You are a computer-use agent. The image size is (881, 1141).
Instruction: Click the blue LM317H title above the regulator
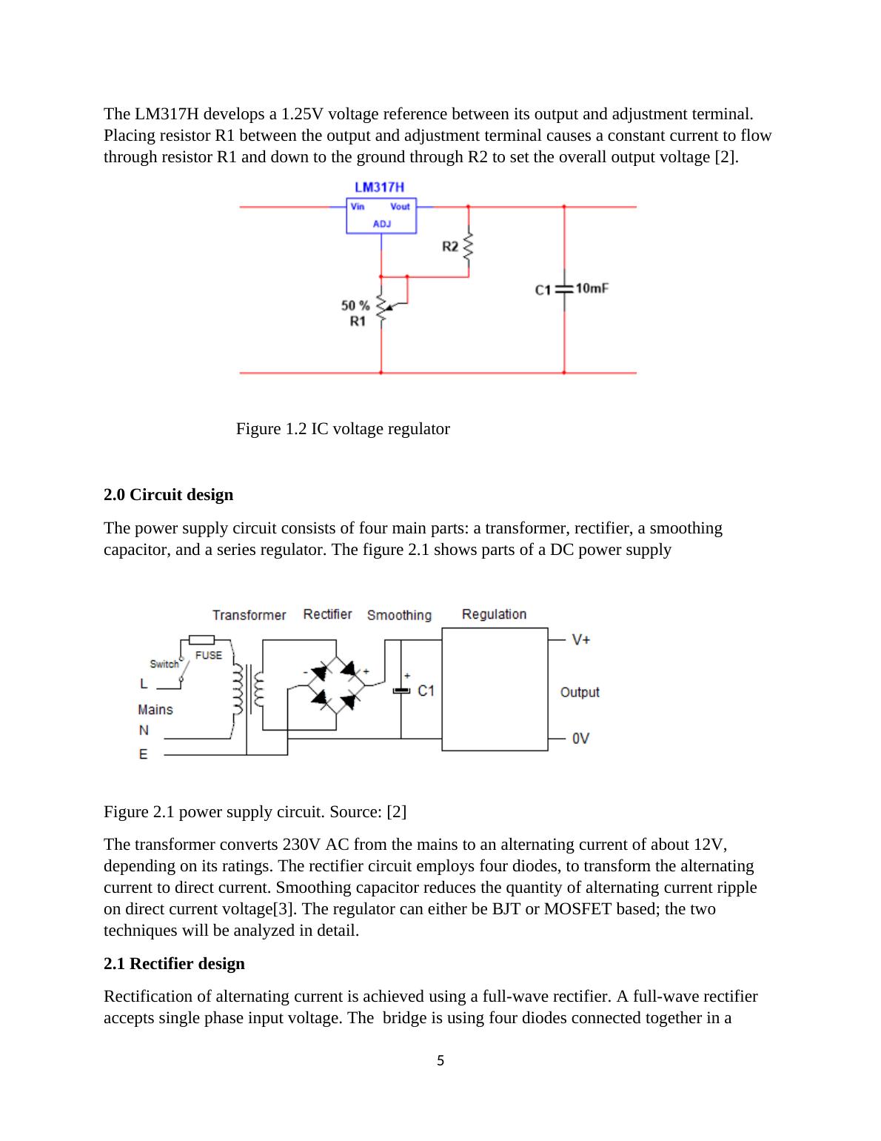tap(379, 187)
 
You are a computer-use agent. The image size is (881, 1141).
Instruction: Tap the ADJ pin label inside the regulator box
tap(381, 224)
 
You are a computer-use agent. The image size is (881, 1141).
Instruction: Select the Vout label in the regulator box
tap(400, 207)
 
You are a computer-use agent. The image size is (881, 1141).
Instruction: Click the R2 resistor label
tap(450, 246)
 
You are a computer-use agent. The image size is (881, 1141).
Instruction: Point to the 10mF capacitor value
tap(592, 288)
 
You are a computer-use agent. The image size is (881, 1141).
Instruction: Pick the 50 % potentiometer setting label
tap(355, 305)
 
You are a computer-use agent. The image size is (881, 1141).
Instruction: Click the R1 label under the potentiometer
tap(358, 322)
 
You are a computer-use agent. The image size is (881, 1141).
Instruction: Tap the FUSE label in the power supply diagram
tap(208, 655)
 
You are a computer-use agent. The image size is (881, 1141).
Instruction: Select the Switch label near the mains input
tap(164, 664)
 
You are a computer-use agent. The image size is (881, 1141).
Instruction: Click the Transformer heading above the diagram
tap(249, 615)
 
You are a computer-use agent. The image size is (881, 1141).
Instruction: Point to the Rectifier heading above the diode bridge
tap(327, 614)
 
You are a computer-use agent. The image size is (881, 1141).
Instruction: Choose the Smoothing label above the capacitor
tap(399, 615)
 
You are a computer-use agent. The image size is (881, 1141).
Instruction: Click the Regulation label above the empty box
tap(494, 614)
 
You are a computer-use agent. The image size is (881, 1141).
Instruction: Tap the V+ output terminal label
tap(581, 639)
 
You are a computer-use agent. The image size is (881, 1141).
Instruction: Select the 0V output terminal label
tap(581, 739)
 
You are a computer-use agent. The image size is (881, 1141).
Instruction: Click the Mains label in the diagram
tap(155, 710)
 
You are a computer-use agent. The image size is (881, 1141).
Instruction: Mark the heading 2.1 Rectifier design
tap(174, 963)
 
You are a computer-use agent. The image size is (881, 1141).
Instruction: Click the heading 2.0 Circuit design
tap(168, 494)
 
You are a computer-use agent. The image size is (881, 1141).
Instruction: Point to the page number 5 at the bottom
tap(440, 1061)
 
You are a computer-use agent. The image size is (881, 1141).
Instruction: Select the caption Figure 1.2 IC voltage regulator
tap(343, 429)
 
